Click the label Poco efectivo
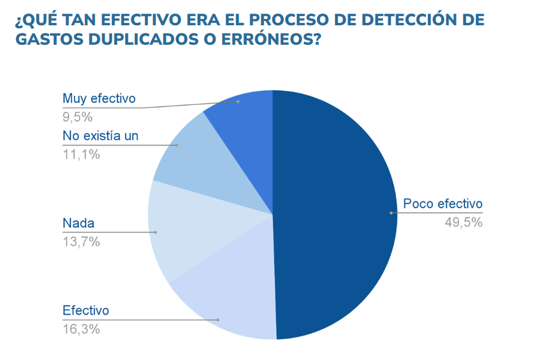pos(443,204)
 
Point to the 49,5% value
pos(463,222)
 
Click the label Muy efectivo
pos(99,99)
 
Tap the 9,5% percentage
pos(77,117)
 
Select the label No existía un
pos(100,136)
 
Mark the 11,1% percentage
pos(81,154)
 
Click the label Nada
pos(78,224)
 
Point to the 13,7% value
pos(81,242)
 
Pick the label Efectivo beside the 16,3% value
pos(85,311)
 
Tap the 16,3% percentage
pos(81,329)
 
